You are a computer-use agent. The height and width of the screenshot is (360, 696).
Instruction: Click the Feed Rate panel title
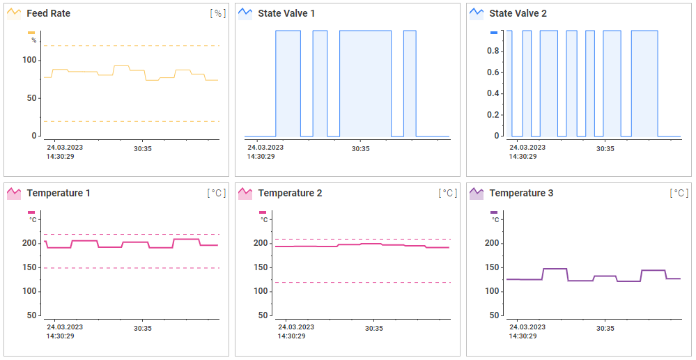48,13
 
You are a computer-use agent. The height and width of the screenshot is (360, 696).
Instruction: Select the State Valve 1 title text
286,13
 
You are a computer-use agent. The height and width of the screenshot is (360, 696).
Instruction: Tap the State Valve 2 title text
518,13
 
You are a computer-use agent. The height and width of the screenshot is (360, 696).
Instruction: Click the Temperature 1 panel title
58,193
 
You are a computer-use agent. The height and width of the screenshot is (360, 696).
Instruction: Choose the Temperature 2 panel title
290,193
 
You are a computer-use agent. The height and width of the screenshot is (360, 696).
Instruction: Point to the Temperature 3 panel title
521,193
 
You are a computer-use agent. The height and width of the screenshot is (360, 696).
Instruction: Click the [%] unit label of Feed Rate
218,13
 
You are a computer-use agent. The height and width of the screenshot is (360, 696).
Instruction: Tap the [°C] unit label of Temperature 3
679,193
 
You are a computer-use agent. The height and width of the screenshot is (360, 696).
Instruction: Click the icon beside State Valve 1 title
245,13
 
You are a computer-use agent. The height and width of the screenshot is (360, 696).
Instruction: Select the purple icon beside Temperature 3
477,193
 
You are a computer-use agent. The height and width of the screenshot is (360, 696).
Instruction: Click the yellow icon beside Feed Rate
13,13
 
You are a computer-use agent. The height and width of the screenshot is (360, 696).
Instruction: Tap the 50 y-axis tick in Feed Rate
31,98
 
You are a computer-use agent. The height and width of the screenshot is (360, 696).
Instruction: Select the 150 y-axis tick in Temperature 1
29,267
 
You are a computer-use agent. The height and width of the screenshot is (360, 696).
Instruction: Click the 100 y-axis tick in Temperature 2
260,291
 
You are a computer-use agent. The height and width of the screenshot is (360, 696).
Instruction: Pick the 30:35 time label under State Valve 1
360,148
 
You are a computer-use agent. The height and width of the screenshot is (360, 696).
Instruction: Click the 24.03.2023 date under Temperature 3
527,327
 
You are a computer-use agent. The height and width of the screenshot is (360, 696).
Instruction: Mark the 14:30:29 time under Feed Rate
61,156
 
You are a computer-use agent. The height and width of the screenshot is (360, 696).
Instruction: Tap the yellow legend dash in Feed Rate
31,33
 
